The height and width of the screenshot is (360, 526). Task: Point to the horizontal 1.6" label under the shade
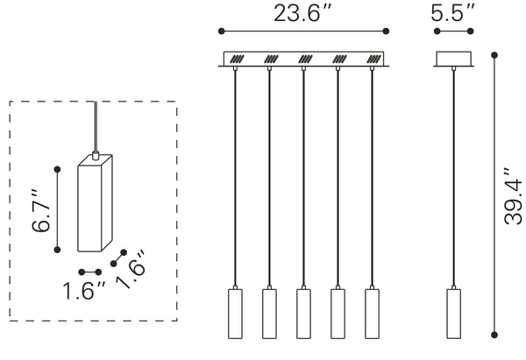[84, 290]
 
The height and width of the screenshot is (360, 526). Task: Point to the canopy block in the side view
[454, 60]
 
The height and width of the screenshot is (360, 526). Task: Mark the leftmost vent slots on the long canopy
[237, 60]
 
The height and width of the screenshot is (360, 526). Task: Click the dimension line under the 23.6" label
[302, 32]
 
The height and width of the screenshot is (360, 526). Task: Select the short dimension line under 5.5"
[454, 32]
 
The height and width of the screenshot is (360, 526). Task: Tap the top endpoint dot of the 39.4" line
[495, 55]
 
